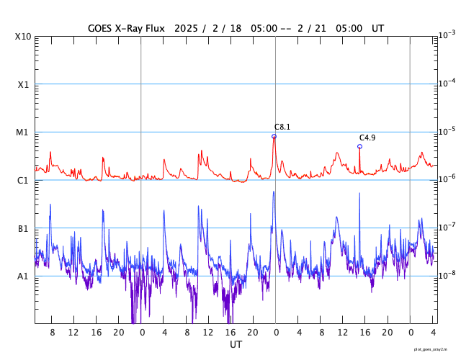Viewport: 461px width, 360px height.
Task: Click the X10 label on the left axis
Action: click(23, 36)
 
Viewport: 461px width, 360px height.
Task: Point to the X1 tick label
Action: click(23, 84)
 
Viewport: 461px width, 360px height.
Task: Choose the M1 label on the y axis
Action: click(23, 132)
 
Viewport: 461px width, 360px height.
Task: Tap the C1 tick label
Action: click(23, 180)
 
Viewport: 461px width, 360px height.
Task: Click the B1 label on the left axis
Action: click(23, 228)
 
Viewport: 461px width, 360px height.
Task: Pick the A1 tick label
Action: click(23, 276)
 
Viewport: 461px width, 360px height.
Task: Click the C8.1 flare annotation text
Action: click(282, 127)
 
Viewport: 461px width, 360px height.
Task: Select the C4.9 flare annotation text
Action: click(367, 138)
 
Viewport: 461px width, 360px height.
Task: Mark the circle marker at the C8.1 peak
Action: click(274, 136)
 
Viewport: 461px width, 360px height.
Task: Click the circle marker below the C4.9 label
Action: click(359, 146)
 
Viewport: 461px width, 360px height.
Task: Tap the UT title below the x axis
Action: click(236, 344)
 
